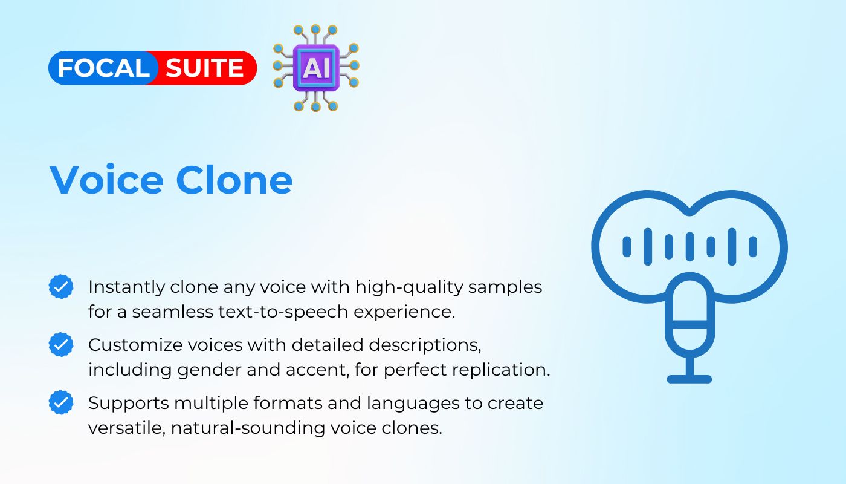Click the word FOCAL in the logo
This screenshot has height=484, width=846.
click(x=103, y=68)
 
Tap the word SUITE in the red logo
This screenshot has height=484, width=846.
click(x=204, y=68)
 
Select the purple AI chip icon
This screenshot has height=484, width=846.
click(x=316, y=68)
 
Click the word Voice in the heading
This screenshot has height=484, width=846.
click(x=106, y=180)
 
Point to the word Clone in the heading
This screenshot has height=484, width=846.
click(x=234, y=180)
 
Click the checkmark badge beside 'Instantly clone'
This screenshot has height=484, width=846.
click(x=61, y=287)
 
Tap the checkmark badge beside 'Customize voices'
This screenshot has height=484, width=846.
click(x=61, y=344)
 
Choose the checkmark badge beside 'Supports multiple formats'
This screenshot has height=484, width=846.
click(x=61, y=402)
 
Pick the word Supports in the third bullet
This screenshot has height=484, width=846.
click(x=128, y=404)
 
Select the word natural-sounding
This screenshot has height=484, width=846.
click(x=248, y=428)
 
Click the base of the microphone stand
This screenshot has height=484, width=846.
click(x=689, y=379)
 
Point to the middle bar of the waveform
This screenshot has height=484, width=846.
click(x=689, y=247)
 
